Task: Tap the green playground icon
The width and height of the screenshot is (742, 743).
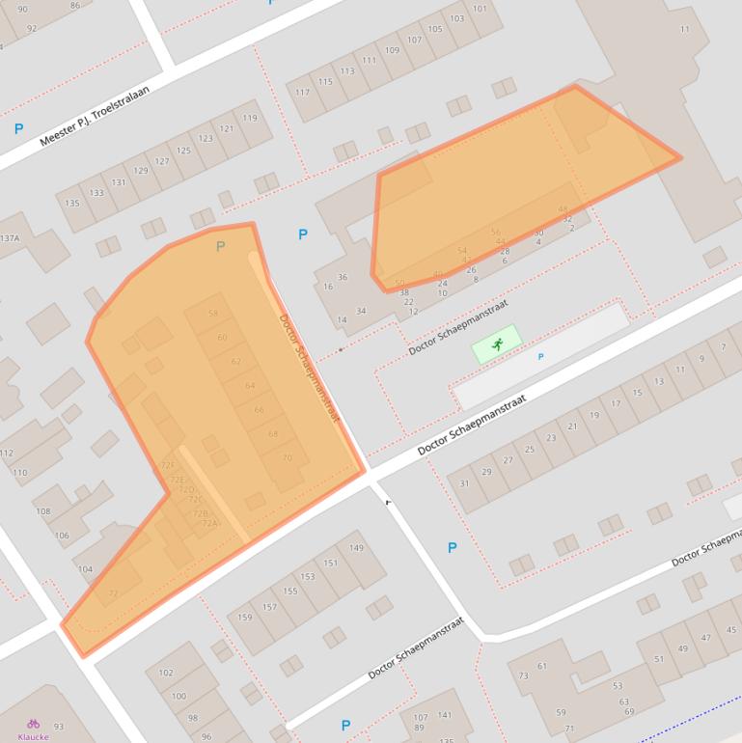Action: click(497, 344)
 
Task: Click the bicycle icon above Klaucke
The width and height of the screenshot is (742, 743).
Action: click(33, 723)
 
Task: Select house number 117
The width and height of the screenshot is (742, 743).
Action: click(302, 93)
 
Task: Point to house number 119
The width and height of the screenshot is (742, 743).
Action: click(250, 119)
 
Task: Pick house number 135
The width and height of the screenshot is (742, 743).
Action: click(73, 204)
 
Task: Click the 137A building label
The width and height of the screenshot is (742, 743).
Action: click(9, 238)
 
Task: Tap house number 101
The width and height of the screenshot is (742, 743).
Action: click(480, 9)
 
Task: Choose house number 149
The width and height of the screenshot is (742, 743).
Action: click(356, 548)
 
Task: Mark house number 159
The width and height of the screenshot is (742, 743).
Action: click(245, 618)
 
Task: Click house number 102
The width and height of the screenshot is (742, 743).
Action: click(166, 673)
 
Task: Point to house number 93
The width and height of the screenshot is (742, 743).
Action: click(59, 727)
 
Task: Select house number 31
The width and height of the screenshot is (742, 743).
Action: click(464, 483)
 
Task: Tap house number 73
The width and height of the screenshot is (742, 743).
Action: click(524, 676)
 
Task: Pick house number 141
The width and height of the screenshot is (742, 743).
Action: click(445, 715)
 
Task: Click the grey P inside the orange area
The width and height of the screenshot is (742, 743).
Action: click(220, 247)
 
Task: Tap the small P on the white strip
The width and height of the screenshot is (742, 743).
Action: click(540, 357)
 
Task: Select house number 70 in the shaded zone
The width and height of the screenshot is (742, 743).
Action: click(287, 458)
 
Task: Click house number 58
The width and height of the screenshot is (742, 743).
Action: click(213, 314)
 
